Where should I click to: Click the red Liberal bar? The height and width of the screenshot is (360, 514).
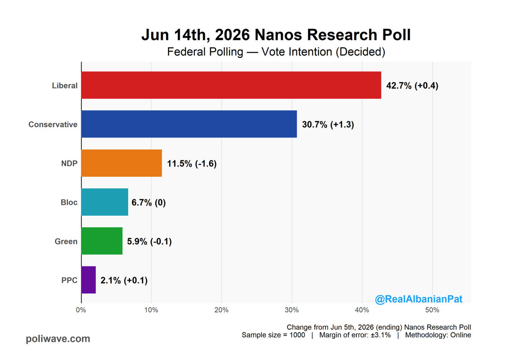pyautogui.click(x=231, y=85)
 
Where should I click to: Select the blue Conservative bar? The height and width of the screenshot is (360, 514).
pyautogui.click(x=189, y=124)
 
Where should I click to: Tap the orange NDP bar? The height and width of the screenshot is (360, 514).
pyautogui.click(x=121, y=163)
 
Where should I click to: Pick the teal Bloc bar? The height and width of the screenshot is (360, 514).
pyautogui.click(x=105, y=202)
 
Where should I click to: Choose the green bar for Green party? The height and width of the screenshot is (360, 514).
pyautogui.click(x=102, y=241)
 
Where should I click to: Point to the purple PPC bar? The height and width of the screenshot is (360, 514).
pyautogui.click(x=88, y=280)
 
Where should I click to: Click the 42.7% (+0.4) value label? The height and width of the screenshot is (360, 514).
pyautogui.click(x=412, y=86)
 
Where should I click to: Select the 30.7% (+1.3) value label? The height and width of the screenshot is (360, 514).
pyautogui.click(x=328, y=125)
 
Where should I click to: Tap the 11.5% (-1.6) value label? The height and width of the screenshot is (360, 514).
pyautogui.click(x=191, y=164)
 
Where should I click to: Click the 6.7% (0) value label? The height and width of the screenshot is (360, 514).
pyautogui.click(x=149, y=202)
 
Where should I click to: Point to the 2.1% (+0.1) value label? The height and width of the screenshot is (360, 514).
pyautogui.click(x=124, y=280)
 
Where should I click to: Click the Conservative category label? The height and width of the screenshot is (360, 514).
pyautogui.click(x=53, y=124)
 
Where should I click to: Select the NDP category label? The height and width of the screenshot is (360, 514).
pyautogui.click(x=69, y=163)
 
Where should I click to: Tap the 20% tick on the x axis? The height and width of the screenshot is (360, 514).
pyautogui.click(x=221, y=310)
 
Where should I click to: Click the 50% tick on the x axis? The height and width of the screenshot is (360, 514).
pyautogui.click(x=432, y=310)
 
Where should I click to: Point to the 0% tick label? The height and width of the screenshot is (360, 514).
pyautogui.click(x=81, y=310)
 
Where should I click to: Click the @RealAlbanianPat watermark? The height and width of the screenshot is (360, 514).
pyautogui.click(x=418, y=299)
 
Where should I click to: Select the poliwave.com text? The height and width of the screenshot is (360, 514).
pyautogui.click(x=58, y=339)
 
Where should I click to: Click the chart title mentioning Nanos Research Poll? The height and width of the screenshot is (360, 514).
pyautogui.click(x=276, y=35)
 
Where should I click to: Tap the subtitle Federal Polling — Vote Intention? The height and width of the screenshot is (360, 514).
pyautogui.click(x=276, y=52)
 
